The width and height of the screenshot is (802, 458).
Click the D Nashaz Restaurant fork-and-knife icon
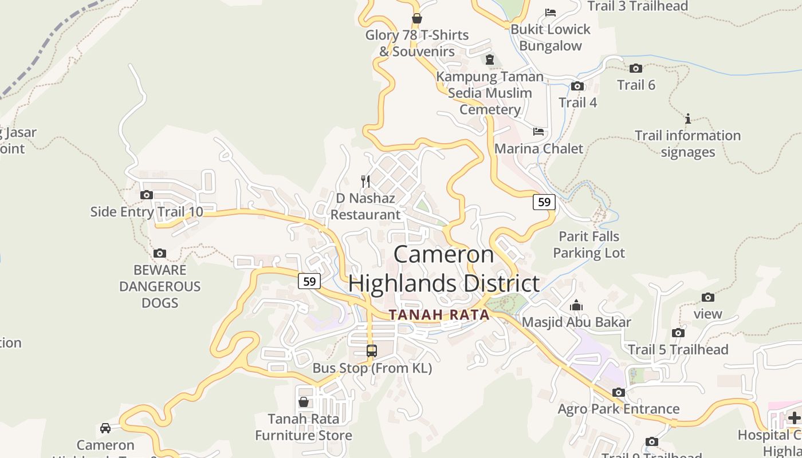[x=365, y=181]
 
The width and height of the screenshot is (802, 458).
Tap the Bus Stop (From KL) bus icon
[x=372, y=351]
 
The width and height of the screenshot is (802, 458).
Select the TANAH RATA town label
[x=439, y=315]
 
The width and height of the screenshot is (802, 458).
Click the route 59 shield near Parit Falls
[x=544, y=202]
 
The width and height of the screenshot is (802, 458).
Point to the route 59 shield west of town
[x=309, y=281]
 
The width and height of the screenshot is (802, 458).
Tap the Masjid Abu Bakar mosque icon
[x=576, y=306]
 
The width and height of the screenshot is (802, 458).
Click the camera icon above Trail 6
[x=636, y=68]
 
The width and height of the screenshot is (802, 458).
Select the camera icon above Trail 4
[x=577, y=86]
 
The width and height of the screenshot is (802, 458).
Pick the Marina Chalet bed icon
[x=538, y=132]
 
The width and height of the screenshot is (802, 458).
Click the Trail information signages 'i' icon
[x=688, y=119]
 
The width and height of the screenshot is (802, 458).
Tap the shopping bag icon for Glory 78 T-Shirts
[x=417, y=18]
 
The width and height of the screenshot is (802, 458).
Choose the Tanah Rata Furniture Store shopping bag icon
[x=304, y=402]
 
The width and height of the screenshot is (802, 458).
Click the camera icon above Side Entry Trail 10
[x=147, y=195]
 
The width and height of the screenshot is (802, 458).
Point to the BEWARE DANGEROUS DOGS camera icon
[x=160, y=253]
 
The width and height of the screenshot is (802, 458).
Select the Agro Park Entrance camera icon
[x=619, y=392]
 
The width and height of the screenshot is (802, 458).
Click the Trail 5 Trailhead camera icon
[x=678, y=333]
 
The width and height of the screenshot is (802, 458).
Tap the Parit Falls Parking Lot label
[x=589, y=244]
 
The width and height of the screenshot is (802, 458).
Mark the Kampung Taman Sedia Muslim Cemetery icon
[x=490, y=60]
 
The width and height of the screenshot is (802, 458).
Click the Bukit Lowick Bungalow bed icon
[x=551, y=12]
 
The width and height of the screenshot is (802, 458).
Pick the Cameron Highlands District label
[x=444, y=269]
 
